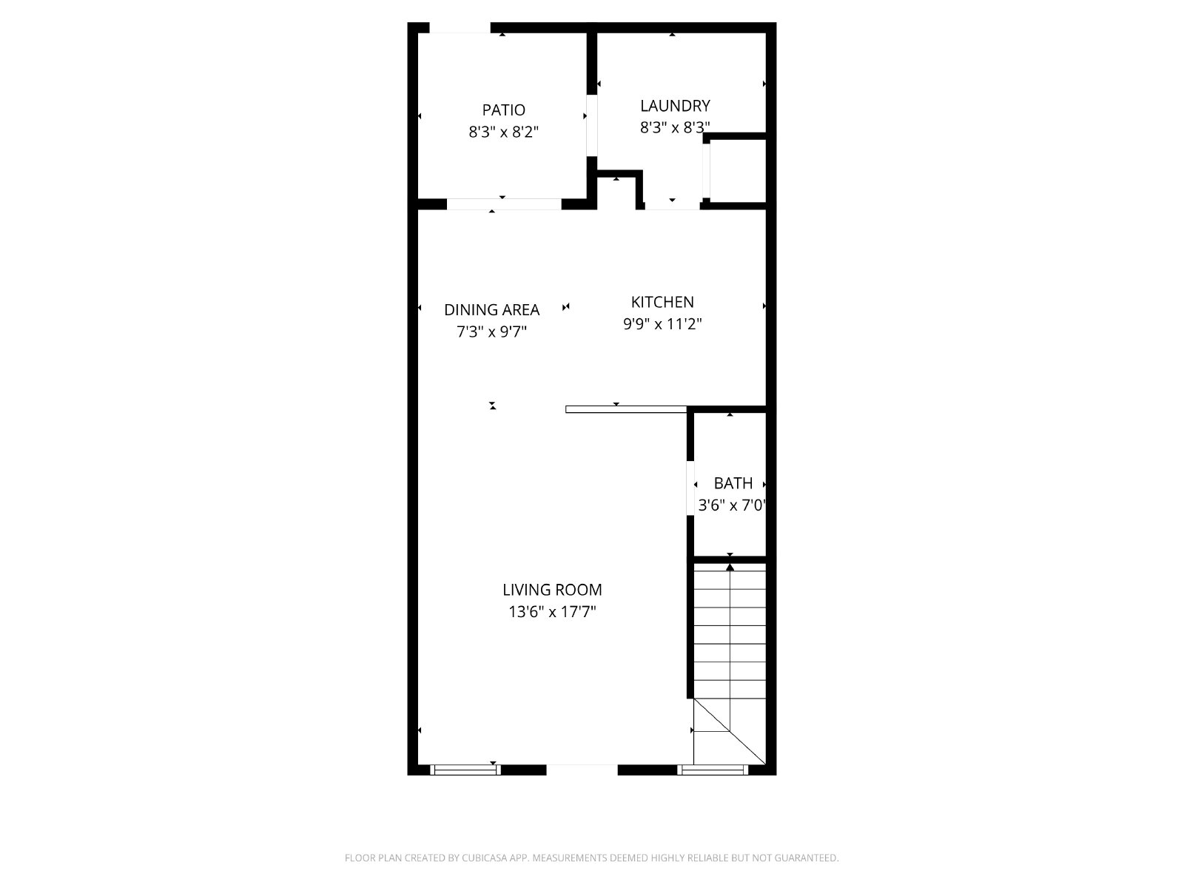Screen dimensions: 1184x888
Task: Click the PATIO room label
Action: [503, 110]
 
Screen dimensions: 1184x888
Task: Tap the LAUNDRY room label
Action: [675, 106]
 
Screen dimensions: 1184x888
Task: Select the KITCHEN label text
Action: [662, 302]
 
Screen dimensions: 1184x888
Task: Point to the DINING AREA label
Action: [491, 310]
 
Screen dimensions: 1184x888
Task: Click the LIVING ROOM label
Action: [552, 590]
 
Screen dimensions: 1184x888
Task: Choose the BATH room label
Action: [733, 484]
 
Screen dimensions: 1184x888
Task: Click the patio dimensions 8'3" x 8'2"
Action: [503, 132]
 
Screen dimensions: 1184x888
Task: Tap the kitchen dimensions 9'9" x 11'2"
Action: [662, 324]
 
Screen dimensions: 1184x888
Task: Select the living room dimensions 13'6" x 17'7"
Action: [552, 612]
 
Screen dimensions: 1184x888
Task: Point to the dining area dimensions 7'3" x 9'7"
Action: [491, 332]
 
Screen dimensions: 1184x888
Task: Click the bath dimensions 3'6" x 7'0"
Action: [732, 505]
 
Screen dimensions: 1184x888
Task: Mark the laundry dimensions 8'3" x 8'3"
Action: [675, 128]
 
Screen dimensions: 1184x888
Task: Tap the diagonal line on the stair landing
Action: [730, 732]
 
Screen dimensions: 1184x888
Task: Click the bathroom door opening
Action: [690, 488]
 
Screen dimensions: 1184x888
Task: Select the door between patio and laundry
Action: [592, 126]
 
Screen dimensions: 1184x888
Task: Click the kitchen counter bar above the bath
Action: [626, 409]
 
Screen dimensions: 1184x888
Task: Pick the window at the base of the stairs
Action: [713, 770]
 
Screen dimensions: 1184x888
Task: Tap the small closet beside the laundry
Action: [737, 171]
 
